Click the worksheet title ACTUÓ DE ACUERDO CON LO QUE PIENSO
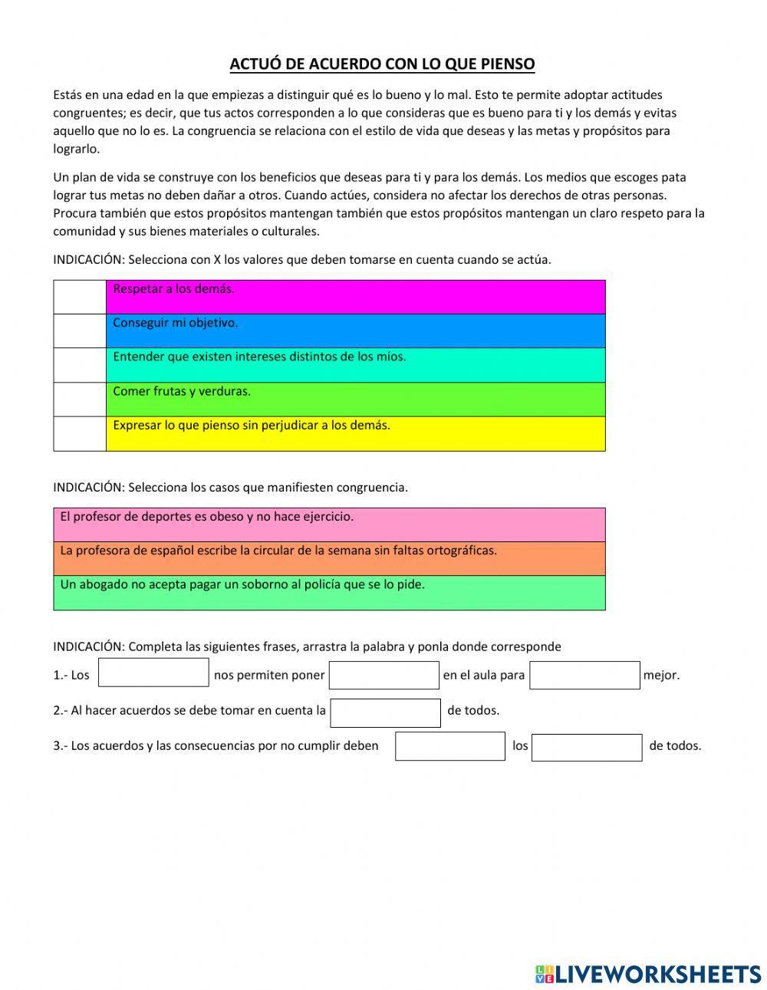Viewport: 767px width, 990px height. tap(382, 64)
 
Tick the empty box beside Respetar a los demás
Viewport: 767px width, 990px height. tap(80, 297)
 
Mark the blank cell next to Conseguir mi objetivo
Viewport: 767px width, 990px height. tap(80, 331)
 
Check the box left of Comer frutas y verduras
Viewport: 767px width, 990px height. tap(80, 399)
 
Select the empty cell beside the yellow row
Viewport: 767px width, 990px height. tap(80, 433)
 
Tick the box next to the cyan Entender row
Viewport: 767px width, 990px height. tap(80, 365)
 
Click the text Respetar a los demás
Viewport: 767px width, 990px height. tap(173, 289)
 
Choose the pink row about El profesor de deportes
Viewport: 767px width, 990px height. tap(329, 525)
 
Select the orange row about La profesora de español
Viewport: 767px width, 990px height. tap(329, 558)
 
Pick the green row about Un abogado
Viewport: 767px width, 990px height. tap(329, 593)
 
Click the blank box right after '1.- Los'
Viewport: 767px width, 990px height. tap(153, 673)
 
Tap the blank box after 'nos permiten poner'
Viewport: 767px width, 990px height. tap(383, 675)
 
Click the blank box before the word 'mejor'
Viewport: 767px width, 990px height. tap(584, 675)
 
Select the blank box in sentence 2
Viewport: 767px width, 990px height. tap(385, 712)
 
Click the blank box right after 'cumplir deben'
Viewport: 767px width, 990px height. tap(450, 746)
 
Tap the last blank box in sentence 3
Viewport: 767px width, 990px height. tap(587, 748)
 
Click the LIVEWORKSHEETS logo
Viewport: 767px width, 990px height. tap(647, 973)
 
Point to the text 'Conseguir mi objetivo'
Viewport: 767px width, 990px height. tap(175, 323)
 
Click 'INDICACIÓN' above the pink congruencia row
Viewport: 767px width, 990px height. tap(88, 487)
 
